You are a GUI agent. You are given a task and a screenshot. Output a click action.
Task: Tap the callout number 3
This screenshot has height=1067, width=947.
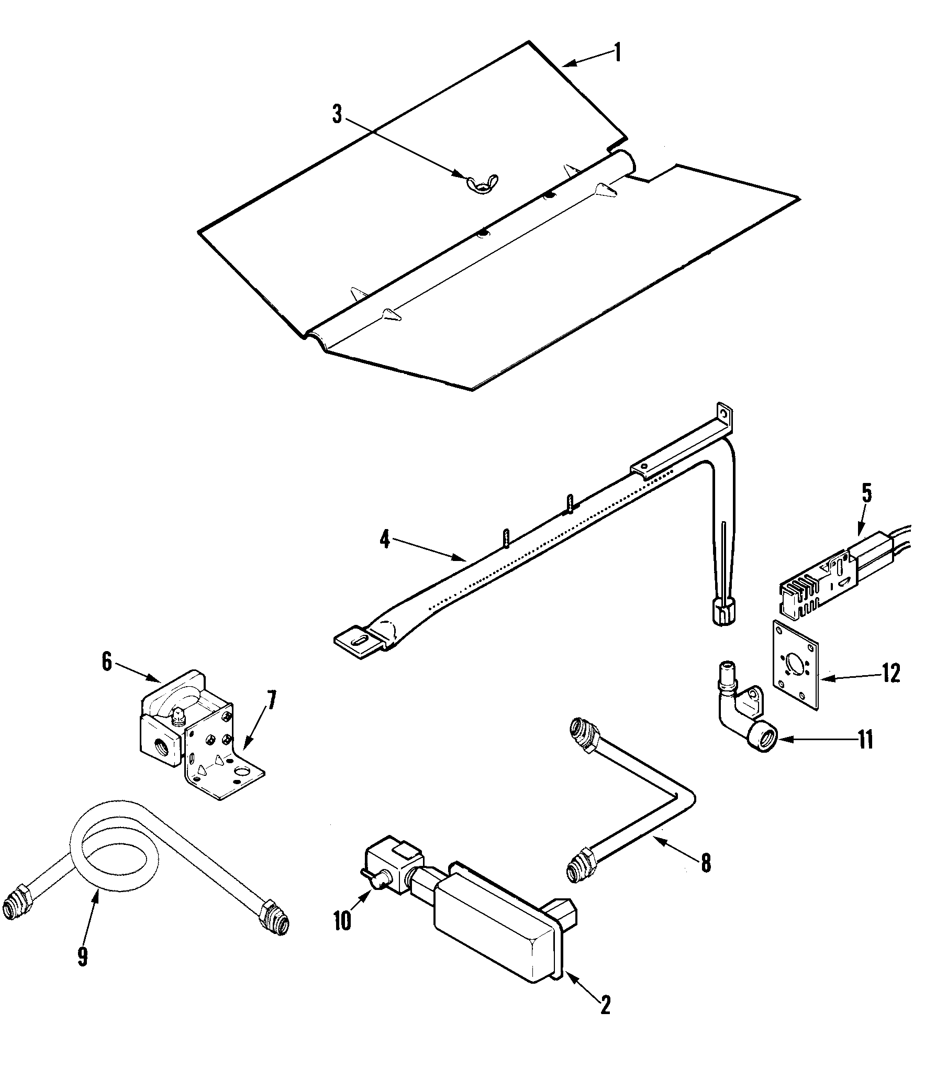tap(337, 114)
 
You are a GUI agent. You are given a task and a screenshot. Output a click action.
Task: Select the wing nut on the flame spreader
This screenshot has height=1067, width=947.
tap(482, 183)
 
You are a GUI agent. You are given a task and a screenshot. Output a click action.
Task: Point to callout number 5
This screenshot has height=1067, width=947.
tap(867, 494)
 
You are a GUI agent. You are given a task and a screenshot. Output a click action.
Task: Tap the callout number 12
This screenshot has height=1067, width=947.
tap(889, 673)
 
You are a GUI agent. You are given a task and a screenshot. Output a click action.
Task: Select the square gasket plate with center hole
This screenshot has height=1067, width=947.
tap(796, 665)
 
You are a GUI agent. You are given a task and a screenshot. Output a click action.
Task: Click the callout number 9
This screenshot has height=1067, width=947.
tap(82, 956)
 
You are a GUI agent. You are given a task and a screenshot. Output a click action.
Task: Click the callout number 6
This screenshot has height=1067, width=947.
tap(107, 662)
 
